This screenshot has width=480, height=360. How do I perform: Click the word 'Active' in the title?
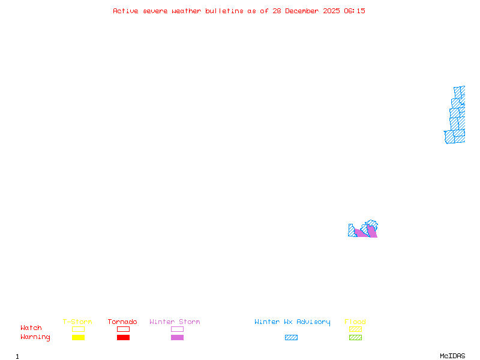click(126, 11)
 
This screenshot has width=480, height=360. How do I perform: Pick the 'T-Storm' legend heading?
click(77, 322)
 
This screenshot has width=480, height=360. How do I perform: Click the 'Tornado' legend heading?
click(122, 322)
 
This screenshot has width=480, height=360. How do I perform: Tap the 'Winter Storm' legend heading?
click(175, 322)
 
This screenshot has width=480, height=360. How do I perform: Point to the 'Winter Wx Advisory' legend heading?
click(292, 322)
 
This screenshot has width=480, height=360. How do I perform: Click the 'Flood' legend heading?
click(355, 322)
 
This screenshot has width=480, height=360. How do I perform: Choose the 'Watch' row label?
click(31, 328)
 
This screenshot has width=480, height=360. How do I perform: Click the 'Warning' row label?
click(35, 337)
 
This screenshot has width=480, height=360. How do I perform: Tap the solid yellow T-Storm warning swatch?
click(78, 338)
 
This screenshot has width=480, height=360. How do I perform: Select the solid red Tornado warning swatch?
click(123, 338)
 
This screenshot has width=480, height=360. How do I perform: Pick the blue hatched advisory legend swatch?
click(291, 338)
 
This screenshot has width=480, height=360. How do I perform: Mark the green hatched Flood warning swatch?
click(355, 338)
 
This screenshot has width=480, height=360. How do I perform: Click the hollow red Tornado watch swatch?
click(123, 329)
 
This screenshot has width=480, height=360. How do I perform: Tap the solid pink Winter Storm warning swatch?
click(177, 338)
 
